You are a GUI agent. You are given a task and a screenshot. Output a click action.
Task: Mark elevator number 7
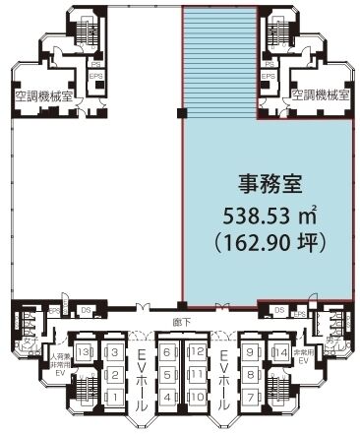pos(251,396)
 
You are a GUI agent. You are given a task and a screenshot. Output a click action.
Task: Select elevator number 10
pos(196,396)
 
